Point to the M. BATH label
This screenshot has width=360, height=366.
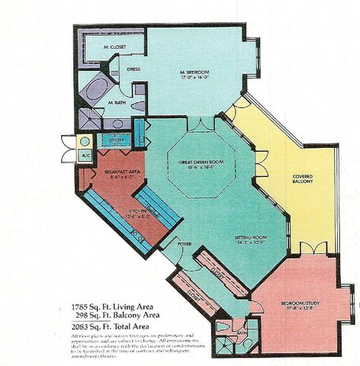click(x=116, y=101)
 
